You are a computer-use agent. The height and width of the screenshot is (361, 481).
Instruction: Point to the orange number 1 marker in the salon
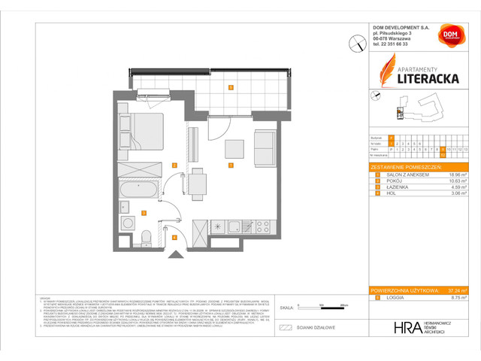[230, 165]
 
